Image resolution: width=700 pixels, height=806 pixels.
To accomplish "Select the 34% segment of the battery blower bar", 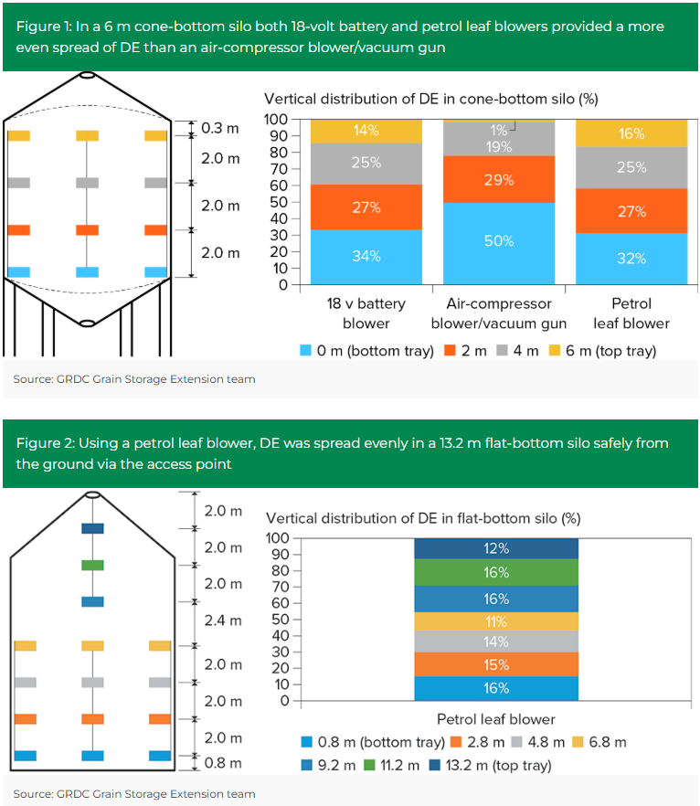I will point(366,256).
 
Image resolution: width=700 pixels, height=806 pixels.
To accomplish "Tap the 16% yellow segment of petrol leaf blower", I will point(631,133).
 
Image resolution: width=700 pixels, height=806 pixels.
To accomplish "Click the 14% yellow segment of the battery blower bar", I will point(366,131).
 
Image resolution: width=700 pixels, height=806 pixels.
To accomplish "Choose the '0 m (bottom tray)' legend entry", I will point(367,350).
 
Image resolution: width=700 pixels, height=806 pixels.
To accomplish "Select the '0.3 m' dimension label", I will point(219,128).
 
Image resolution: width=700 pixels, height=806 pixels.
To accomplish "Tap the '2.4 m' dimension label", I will point(223,620).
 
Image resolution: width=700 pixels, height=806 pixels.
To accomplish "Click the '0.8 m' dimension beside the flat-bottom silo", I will point(223,763).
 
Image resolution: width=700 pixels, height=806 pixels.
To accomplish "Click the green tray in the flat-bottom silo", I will point(93,565).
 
